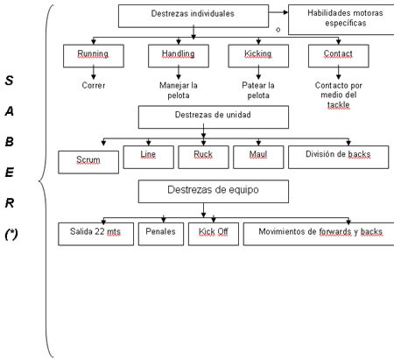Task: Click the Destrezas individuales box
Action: coord(193,16)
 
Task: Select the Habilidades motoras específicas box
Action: coord(341,19)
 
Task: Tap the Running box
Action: coord(94,56)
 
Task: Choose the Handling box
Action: coord(179,56)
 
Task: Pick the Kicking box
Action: coord(258,56)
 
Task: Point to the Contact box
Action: coord(339,56)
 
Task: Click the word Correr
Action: coord(94,85)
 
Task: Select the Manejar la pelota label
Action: coord(179,90)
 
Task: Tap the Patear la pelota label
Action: coord(258,90)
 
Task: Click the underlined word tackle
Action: coord(338,105)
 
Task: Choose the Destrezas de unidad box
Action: coord(214,117)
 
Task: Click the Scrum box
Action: coord(88,162)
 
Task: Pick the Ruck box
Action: coord(203,157)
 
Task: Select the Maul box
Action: coord(258,157)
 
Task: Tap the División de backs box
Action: coord(338,157)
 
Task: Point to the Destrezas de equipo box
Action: coord(214,191)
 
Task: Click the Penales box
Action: coord(161,234)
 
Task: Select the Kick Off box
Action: coord(214,234)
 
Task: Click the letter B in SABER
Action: coord(10,142)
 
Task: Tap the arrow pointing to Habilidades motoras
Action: coord(278,12)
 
